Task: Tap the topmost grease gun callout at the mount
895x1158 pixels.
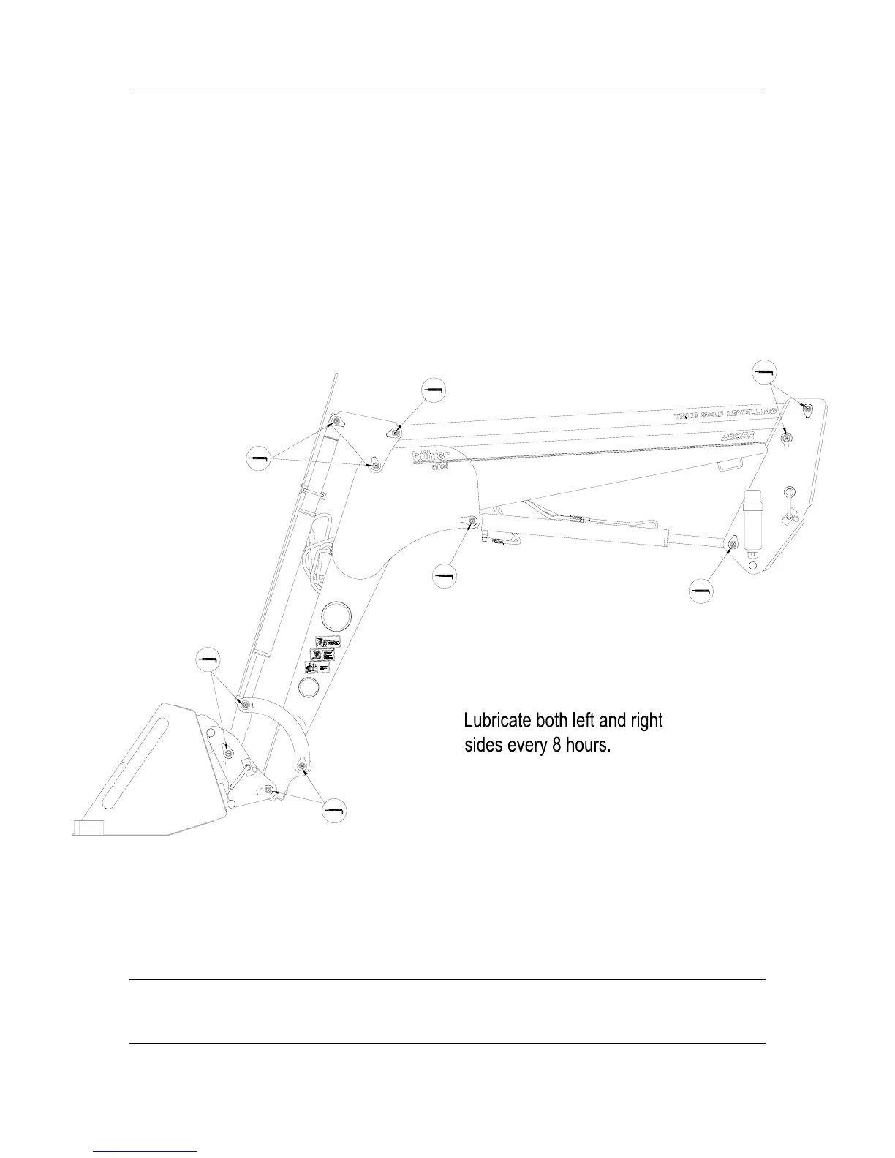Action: click(x=764, y=372)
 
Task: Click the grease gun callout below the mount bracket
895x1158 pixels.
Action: click(x=701, y=591)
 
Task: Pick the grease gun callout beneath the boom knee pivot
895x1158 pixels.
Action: click(x=443, y=576)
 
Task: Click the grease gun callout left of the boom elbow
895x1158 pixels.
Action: click(x=258, y=458)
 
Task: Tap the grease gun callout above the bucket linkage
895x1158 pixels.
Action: click(x=208, y=659)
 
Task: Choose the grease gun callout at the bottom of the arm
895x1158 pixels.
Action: click(x=335, y=810)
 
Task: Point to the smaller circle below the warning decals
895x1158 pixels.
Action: click(x=310, y=687)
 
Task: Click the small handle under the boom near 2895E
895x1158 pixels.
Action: click(x=730, y=463)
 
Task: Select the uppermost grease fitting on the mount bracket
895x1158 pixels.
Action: click(x=807, y=408)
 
